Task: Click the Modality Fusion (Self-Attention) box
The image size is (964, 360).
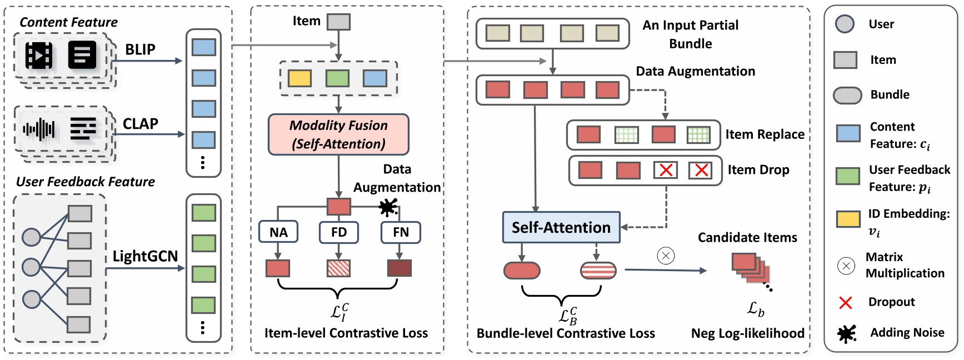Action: pyautogui.click(x=338, y=134)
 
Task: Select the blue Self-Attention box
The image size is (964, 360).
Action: pyautogui.click(x=561, y=227)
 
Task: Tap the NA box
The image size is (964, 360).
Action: pyautogui.click(x=278, y=232)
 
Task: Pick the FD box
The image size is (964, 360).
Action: pyautogui.click(x=338, y=232)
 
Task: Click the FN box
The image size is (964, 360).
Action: pyautogui.click(x=401, y=232)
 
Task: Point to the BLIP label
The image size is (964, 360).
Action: pyautogui.click(x=140, y=49)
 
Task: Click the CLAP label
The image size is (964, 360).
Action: pyautogui.click(x=140, y=123)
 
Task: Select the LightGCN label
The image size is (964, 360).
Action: pyautogui.click(x=145, y=256)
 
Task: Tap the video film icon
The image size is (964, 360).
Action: pyautogui.click(x=39, y=55)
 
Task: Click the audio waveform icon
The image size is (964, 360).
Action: pyautogui.click(x=38, y=129)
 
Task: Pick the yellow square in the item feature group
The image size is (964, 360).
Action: pyautogui.click(x=299, y=78)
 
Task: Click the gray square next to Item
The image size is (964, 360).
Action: pyautogui.click(x=338, y=22)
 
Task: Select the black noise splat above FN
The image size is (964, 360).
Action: pyautogui.click(x=388, y=208)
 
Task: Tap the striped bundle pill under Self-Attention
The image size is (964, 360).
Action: pyautogui.click(x=598, y=271)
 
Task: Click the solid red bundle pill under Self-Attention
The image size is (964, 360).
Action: pyautogui.click(x=522, y=271)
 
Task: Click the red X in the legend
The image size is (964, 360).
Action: pyautogui.click(x=845, y=303)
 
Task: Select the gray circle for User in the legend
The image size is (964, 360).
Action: pyautogui.click(x=845, y=24)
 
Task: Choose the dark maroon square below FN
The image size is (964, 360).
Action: pyautogui.click(x=399, y=268)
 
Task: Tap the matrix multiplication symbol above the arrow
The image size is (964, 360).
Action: pyautogui.click(x=666, y=256)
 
